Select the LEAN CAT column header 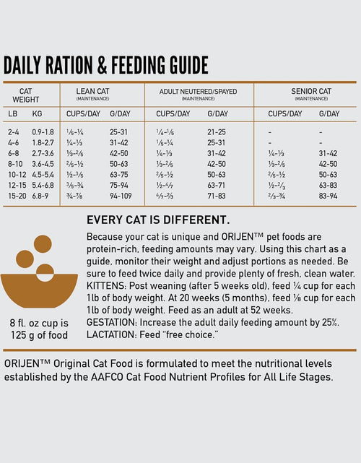(93, 91)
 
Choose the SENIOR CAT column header (311, 91)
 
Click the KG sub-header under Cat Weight (37, 113)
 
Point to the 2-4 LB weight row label (14, 132)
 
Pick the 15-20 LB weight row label (16, 195)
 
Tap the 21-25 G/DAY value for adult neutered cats (217, 132)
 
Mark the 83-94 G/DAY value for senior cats (328, 195)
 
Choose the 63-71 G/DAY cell (217, 185)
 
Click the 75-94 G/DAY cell (120, 185)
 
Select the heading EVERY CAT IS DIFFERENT (157, 220)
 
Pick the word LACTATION (110, 334)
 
